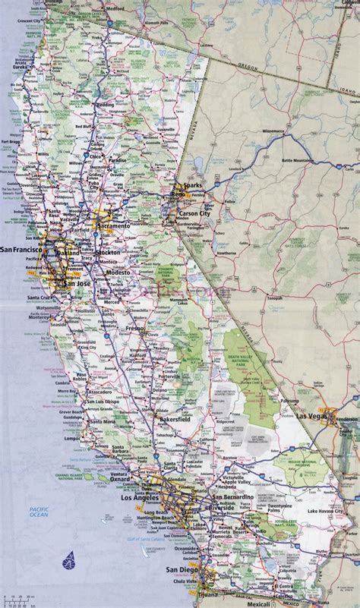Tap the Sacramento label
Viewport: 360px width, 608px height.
tap(112, 227)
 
